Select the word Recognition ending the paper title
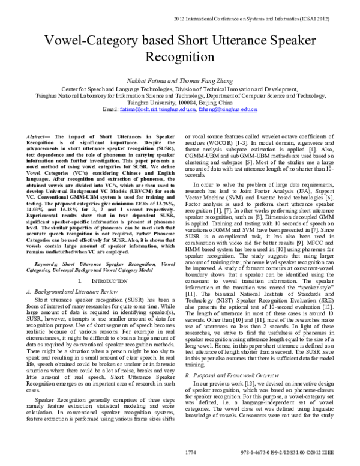[x=180, y=59]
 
